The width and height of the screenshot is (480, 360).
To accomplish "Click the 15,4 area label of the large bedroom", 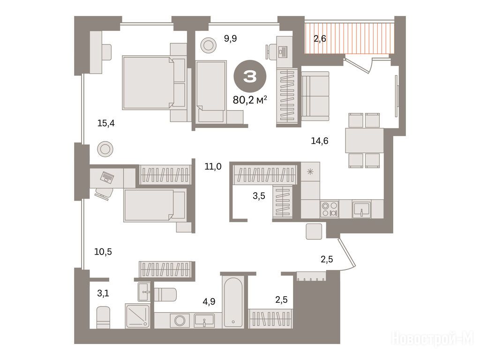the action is click(106, 123).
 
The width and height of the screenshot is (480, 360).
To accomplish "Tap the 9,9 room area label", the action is click(230, 38).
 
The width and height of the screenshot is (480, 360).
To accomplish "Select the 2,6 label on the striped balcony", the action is click(320, 38).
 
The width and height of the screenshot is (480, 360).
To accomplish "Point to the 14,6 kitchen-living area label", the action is click(320, 141).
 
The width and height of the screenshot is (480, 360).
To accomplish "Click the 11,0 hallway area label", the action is click(213, 166).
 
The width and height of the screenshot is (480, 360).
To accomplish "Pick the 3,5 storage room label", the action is click(259, 196).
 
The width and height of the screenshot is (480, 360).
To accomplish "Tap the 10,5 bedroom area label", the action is click(103, 252).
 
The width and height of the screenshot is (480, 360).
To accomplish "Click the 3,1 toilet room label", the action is click(103, 293).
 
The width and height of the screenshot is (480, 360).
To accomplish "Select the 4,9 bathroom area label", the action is click(209, 302).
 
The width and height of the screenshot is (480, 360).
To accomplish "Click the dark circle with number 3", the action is click(250, 76).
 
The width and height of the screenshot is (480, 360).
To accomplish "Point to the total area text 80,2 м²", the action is click(250, 100).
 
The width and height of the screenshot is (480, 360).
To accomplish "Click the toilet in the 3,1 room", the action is click(103, 317).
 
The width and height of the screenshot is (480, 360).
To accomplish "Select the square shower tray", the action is click(137, 316).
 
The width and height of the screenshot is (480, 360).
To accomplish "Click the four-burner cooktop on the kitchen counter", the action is click(330, 209).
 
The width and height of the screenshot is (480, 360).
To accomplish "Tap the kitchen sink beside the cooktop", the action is click(361, 209).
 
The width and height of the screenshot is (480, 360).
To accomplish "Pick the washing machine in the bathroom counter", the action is click(180, 321).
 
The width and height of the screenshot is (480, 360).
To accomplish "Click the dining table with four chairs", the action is click(364, 141).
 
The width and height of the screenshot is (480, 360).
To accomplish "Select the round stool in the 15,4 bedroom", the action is click(105, 150).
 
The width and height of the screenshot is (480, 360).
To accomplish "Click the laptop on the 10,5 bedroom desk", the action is click(107, 177).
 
